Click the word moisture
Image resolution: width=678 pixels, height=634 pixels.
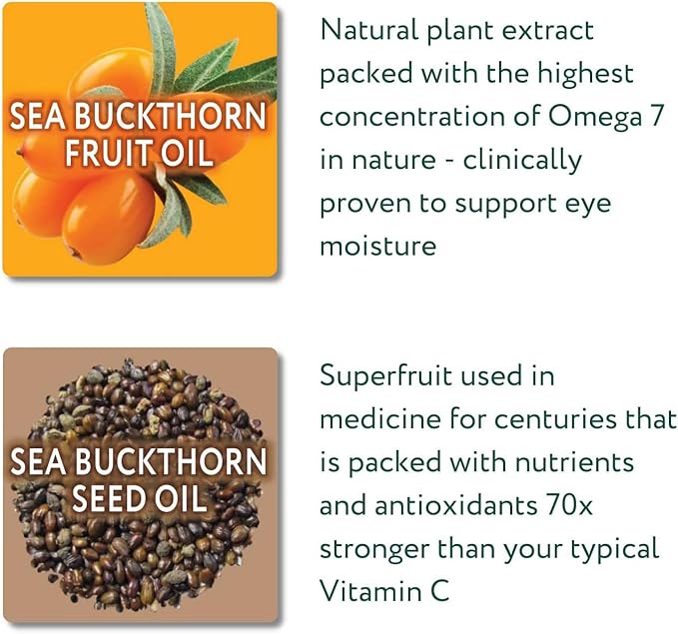tap(377, 246)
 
